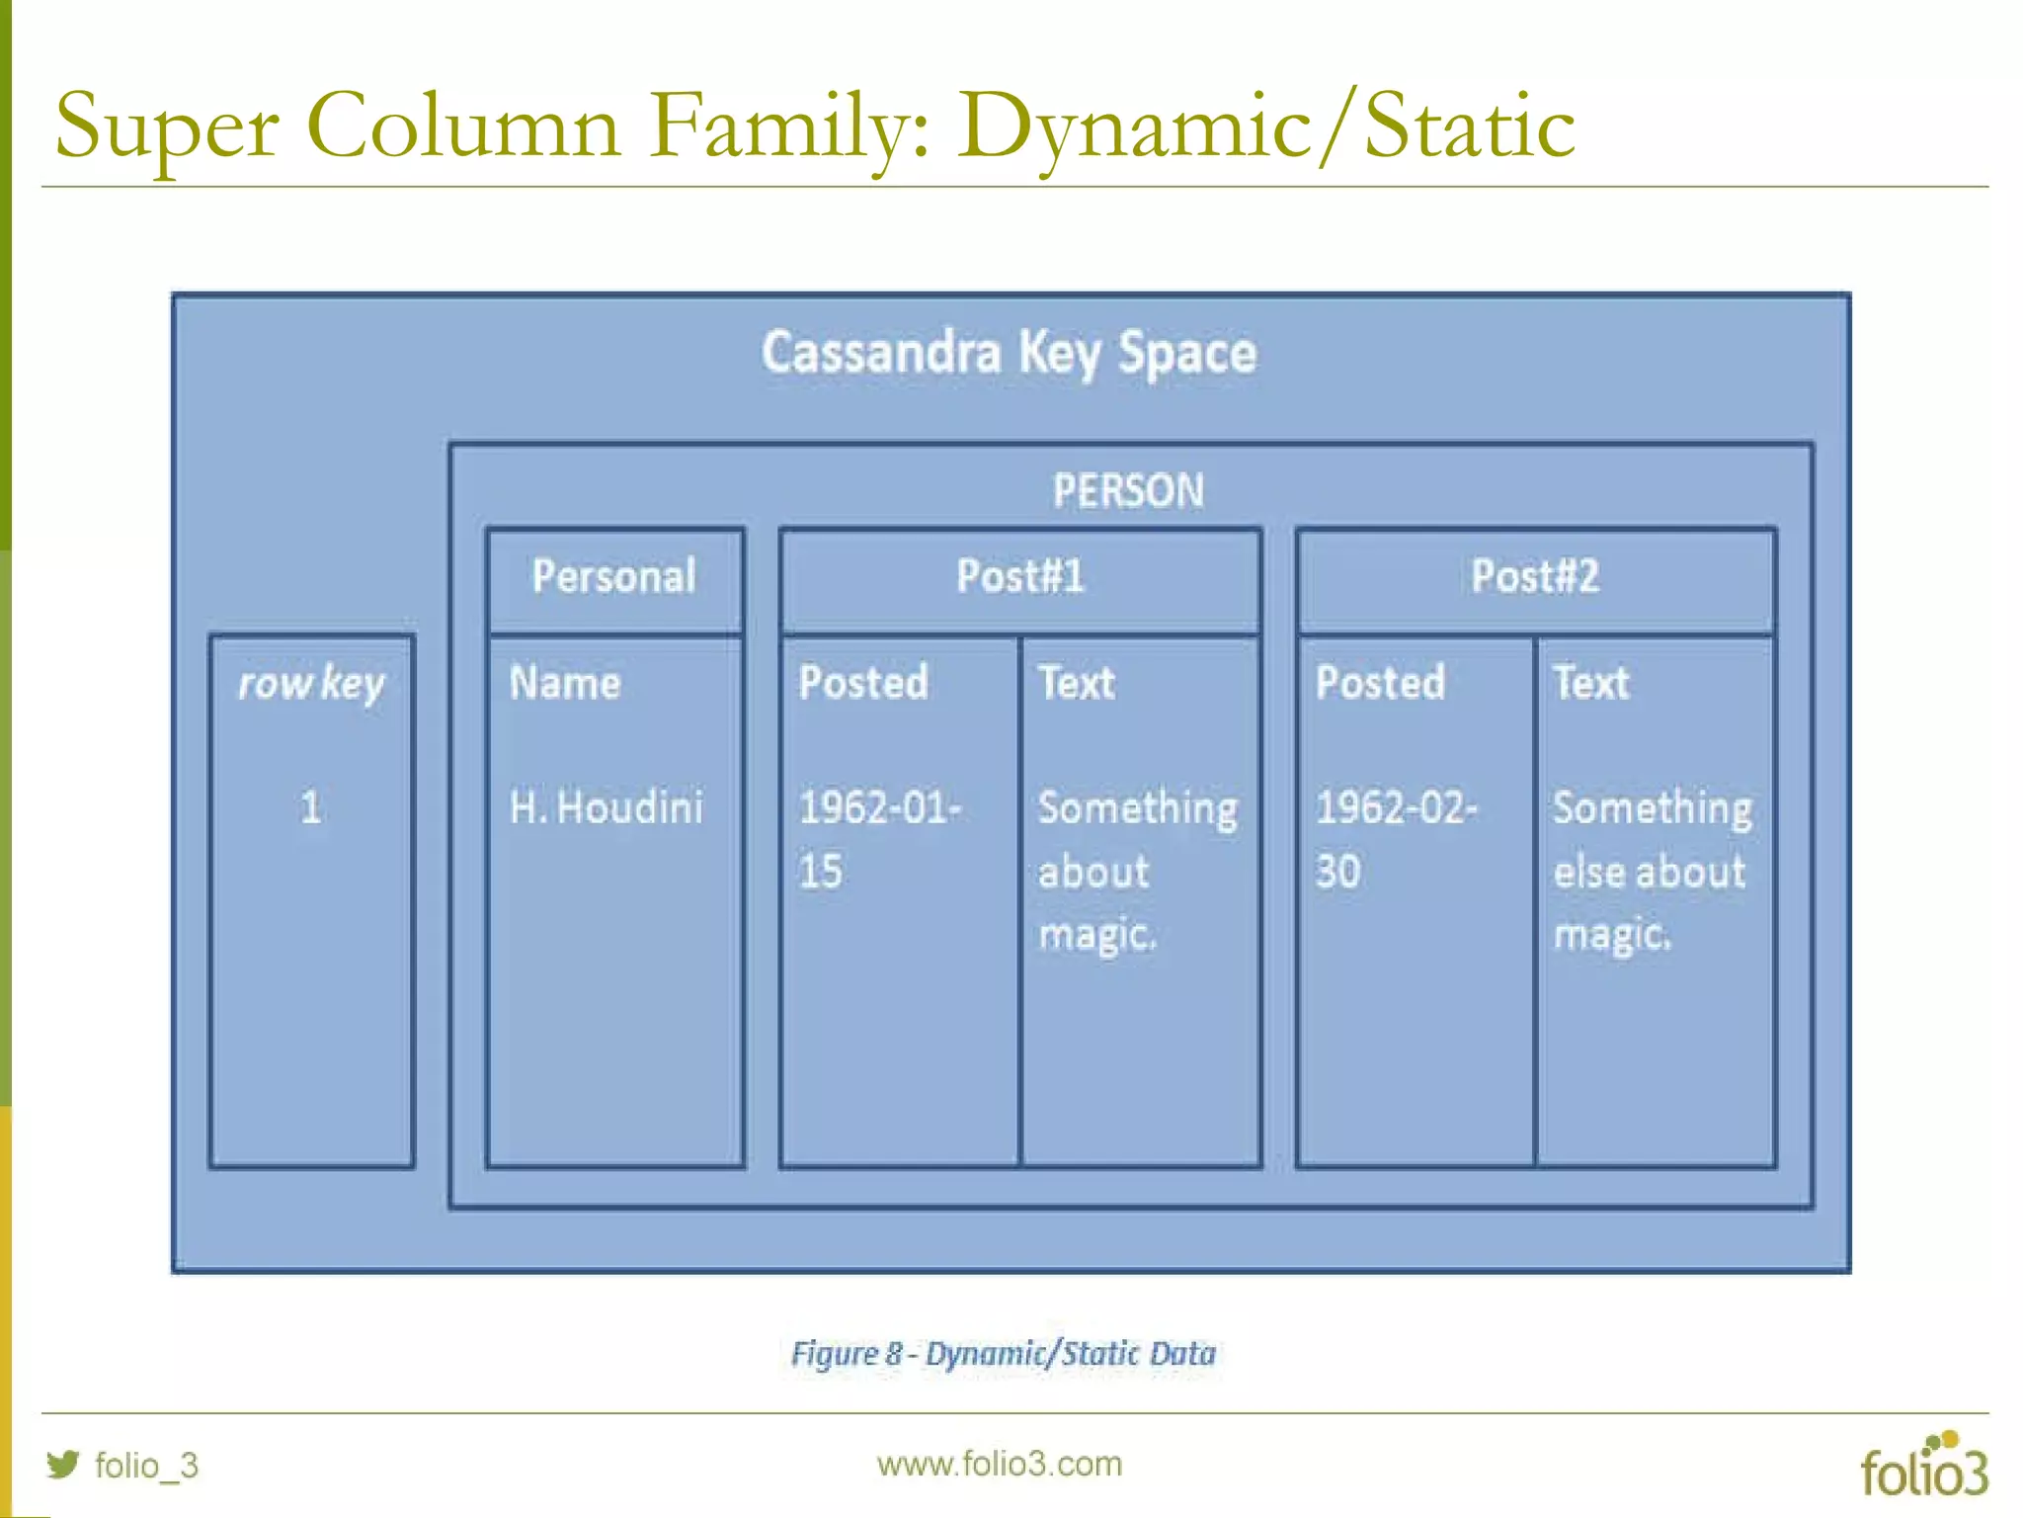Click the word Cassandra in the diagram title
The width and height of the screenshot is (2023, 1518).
tap(880, 353)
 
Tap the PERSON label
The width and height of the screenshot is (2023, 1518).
tap(1128, 491)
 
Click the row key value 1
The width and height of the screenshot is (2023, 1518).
tap(311, 807)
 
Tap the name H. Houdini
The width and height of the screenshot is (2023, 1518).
tap(606, 807)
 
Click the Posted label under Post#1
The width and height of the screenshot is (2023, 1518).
tap(863, 683)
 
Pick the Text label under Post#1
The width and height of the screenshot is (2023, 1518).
tap(1077, 683)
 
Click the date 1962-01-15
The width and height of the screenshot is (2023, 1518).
tap(878, 839)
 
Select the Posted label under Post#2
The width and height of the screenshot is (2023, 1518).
tap(1380, 683)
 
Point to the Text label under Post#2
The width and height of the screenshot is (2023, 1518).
tap(1591, 683)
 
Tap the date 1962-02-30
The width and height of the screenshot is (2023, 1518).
tap(1395, 839)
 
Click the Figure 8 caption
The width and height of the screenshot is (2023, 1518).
tap(1003, 1354)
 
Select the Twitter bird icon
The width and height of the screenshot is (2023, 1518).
tap(63, 1464)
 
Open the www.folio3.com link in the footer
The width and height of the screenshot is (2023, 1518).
tap(999, 1464)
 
